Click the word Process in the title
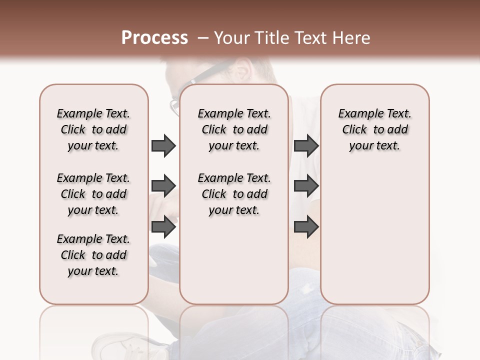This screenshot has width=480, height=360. click(154, 38)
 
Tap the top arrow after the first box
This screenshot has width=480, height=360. click(163, 145)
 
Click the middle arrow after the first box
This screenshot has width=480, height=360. click(163, 186)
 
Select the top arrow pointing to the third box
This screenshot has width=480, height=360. click(306, 145)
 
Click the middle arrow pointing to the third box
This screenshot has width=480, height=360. click(306, 186)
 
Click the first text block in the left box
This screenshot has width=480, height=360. click(93, 129)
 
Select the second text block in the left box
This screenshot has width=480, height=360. click(93, 194)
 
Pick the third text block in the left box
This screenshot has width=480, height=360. click(93, 255)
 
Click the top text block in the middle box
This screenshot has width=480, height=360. click(234, 129)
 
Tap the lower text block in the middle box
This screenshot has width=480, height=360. click(234, 194)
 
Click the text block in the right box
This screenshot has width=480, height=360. click(374, 129)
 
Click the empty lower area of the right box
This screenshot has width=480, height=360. click(374, 235)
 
